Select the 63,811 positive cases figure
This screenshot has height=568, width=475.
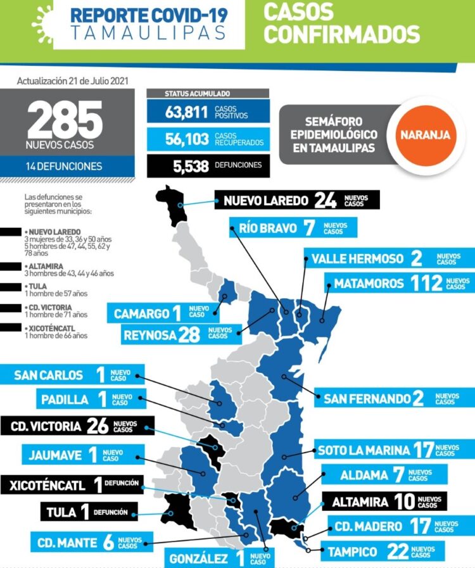(x=187, y=113)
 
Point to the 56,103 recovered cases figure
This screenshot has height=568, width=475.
(x=187, y=139)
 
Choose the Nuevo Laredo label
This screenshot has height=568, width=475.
(x=266, y=201)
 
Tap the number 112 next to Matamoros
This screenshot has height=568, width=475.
(x=426, y=283)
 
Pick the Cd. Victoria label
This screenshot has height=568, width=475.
(x=47, y=426)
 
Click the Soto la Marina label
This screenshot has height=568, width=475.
(x=364, y=450)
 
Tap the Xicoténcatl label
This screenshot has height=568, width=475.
(x=47, y=486)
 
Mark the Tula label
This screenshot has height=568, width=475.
(x=61, y=512)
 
